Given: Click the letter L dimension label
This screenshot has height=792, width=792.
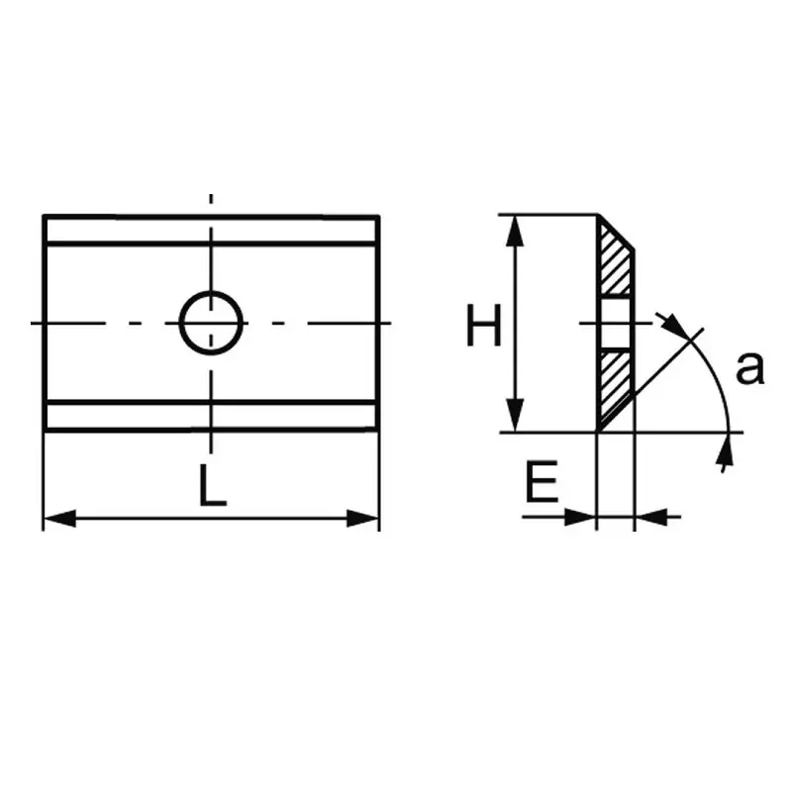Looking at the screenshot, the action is [x=213, y=485].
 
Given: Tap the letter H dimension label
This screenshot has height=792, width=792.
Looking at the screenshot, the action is [x=483, y=326].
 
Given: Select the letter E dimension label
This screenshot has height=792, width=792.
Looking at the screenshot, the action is [x=542, y=481].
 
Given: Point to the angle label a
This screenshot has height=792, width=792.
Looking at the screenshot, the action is [x=750, y=368].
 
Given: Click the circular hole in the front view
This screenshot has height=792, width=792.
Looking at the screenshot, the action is [x=211, y=323].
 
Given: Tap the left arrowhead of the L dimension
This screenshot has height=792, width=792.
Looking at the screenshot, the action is [x=59, y=518].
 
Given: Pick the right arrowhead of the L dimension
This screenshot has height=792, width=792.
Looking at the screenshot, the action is [x=362, y=518].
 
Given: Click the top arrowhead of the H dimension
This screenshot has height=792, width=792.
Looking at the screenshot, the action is [x=515, y=232].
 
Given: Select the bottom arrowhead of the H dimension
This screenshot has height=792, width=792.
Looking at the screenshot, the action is [x=515, y=415].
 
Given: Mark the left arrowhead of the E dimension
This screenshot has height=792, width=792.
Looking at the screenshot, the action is [x=581, y=517].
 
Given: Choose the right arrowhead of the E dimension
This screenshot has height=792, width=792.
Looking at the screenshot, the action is [x=650, y=517].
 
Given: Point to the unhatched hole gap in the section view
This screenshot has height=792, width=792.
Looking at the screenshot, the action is [x=615, y=324].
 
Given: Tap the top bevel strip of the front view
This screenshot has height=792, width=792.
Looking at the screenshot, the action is [x=211, y=231].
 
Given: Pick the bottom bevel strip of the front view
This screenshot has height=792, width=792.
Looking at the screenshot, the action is [x=211, y=416].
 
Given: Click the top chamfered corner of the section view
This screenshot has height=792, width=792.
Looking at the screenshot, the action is [x=616, y=233].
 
